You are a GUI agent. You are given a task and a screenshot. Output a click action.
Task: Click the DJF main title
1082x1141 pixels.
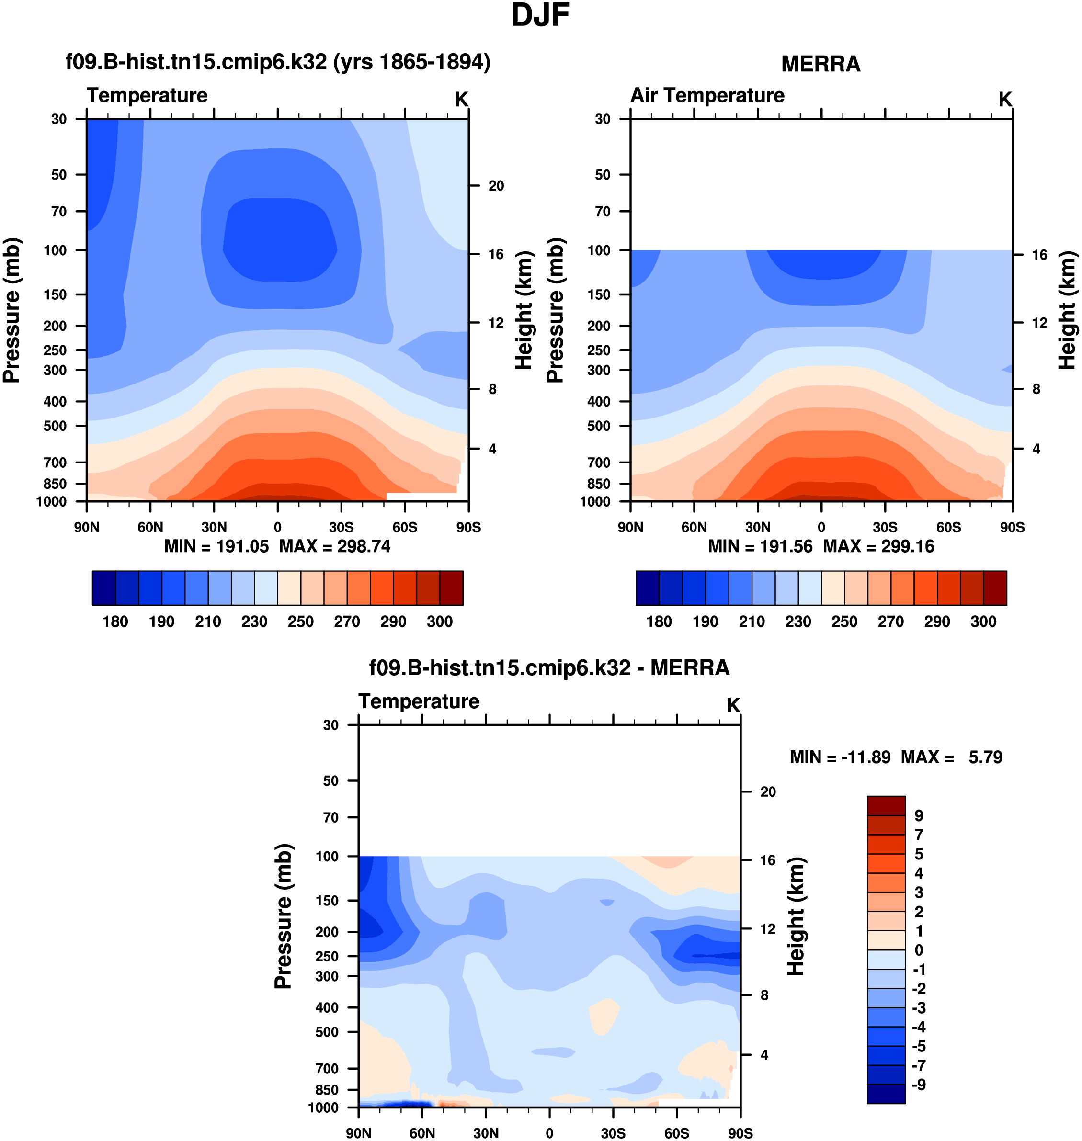pyautogui.click(x=540, y=16)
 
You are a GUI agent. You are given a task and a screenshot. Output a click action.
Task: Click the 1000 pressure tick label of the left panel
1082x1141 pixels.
pyautogui.click(x=51, y=502)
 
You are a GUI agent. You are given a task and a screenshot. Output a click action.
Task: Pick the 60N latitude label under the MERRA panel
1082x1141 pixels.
pyautogui.click(x=694, y=527)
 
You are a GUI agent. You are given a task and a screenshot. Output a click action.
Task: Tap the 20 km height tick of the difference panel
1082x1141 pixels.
pyautogui.click(x=768, y=791)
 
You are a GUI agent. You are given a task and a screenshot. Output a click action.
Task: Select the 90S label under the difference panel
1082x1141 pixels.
pyautogui.click(x=740, y=1133)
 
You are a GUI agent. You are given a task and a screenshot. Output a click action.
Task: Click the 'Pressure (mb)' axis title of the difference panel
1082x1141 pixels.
pyautogui.click(x=283, y=917)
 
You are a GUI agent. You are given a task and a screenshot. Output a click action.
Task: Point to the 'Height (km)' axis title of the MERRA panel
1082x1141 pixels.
pyautogui.click(x=1068, y=310)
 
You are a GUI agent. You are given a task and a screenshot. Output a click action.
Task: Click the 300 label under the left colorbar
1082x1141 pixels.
pyautogui.click(x=440, y=621)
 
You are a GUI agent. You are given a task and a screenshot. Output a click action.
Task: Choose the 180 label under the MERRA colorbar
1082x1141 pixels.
pyautogui.click(x=659, y=621)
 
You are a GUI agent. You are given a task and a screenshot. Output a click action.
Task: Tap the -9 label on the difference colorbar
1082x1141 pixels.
pyautogui.click(x=919, y=1085)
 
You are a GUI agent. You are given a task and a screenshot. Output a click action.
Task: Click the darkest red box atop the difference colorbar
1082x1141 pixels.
pyautogui.click(x=886, y=805)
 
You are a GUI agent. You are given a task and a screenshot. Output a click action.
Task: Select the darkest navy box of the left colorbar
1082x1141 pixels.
pyautogui.click(x=104, y=588)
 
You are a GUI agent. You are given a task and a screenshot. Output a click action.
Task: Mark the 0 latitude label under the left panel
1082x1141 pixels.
pyautogui.click(x=277, y=527)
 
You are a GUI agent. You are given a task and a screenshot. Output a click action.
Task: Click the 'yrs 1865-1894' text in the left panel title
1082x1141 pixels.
pyautogui.click(x=412, y=62)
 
